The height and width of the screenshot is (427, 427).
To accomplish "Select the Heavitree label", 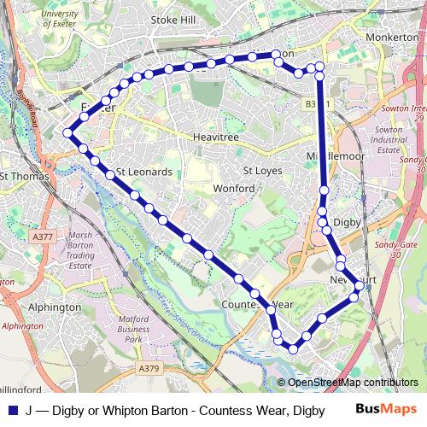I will point(213,136).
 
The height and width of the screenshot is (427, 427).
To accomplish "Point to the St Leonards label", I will point(143,172).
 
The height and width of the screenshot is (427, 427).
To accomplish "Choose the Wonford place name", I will point(234,188).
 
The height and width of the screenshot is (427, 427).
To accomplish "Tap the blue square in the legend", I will point(12,408).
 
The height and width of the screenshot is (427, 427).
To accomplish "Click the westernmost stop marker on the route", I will point(67,132).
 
